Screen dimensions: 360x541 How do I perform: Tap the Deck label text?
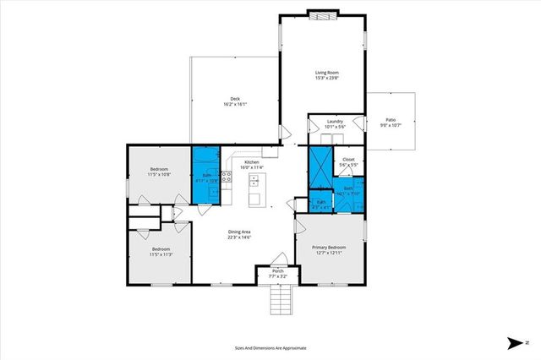click(235, 98)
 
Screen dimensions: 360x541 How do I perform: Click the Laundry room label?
click(335, 122)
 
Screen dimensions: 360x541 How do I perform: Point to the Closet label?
click(347, 159)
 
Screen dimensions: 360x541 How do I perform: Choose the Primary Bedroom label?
click(331, 247)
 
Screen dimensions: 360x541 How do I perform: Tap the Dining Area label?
click(240, 232)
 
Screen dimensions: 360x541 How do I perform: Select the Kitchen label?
click(251, 161)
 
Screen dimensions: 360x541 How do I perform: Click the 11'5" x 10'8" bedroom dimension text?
click(160, 175)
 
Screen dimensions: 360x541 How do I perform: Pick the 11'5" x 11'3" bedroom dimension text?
click(161, 254)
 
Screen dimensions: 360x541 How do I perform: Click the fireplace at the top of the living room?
click(321, 13)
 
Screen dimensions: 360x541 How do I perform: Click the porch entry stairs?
click(278, 298)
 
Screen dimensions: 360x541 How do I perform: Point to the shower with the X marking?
click(319, 167)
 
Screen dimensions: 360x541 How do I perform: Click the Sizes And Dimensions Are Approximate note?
click(270, 347)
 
